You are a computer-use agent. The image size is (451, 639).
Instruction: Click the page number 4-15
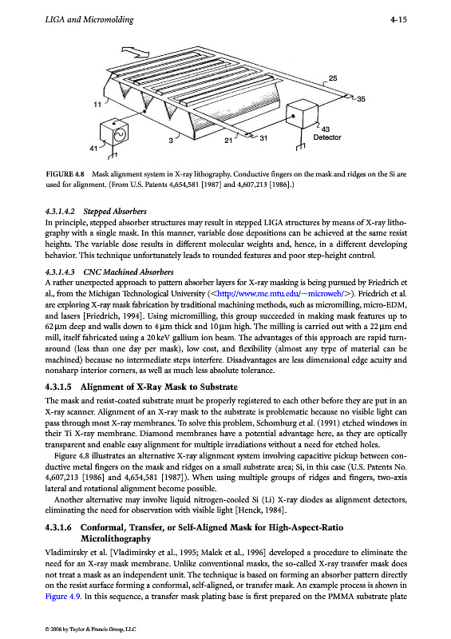coord(398,19)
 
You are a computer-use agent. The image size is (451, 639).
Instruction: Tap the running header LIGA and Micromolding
coord(89,19)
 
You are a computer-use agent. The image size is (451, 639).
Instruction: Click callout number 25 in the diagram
coord(333,77)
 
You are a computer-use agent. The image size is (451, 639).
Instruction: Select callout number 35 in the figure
coord(361,98)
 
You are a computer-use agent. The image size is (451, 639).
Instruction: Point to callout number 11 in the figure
coord(97,105)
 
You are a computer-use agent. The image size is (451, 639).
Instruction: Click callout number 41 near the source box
coord(93,149)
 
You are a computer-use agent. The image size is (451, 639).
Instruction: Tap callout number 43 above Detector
coord(326,129)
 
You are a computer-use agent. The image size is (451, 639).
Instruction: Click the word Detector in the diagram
coord(327,137)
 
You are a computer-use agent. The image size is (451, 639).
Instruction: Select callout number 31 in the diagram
coord(263,138)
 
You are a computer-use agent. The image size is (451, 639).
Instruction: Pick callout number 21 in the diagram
coord(228,141)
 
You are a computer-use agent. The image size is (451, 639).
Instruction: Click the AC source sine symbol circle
coord(120,134)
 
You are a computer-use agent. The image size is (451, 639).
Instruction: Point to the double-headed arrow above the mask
coord(135,52)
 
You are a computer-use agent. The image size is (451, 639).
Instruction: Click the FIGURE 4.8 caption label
coord(65,174)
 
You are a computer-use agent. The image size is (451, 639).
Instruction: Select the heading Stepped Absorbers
coord(115,211)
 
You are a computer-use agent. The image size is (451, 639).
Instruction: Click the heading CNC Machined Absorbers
coord(129,272)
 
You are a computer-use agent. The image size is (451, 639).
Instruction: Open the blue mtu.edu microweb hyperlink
coord(281,293)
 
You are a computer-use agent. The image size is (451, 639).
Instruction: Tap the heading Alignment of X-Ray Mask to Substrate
coord(159,387)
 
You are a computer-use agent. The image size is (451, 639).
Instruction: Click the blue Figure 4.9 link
coord(63,596)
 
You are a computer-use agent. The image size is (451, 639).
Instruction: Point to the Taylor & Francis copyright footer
coord(90,629)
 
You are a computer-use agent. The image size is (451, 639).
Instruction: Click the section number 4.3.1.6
coord(58,527)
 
